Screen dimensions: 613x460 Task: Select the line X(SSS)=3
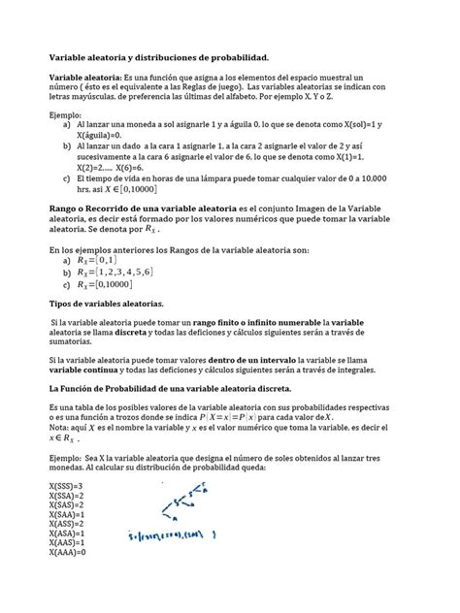coord(66,485)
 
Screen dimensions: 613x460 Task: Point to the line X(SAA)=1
coord(66,514)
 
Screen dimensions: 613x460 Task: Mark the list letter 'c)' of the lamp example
coord(66,178)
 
